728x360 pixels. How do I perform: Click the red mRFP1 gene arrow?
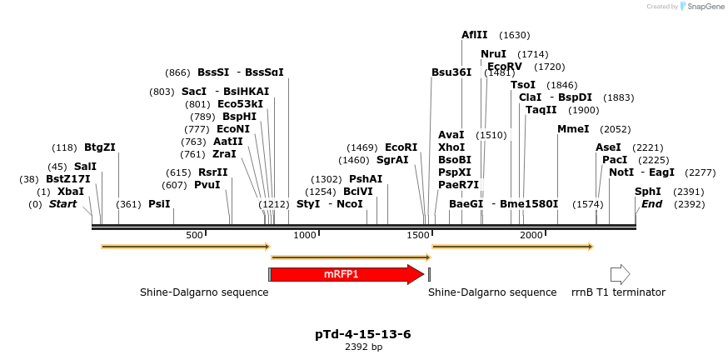[346, 274]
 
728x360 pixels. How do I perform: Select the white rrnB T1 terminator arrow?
[620, 274]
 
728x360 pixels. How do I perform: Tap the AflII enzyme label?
[475, 35]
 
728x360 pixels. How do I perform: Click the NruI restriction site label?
[493, 54]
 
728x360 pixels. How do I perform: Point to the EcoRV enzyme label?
[505, 67]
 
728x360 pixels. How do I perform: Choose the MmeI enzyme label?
[573, 129]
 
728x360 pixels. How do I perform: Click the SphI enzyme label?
[647, 192]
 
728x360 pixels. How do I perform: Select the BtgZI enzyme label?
[100, 147]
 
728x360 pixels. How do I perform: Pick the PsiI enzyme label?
[159, 204]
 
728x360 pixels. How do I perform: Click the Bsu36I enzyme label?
[451, 72]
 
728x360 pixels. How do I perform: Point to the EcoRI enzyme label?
[401, 147]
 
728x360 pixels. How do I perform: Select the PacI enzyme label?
[615, 160]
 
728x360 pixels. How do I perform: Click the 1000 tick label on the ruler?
[306, 236]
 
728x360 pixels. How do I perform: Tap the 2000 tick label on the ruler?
[532, 236]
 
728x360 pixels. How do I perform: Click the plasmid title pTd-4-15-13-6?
[363, 334]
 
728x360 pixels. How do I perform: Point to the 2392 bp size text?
[363, 347]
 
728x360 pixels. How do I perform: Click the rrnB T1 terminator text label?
[618, 292]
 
